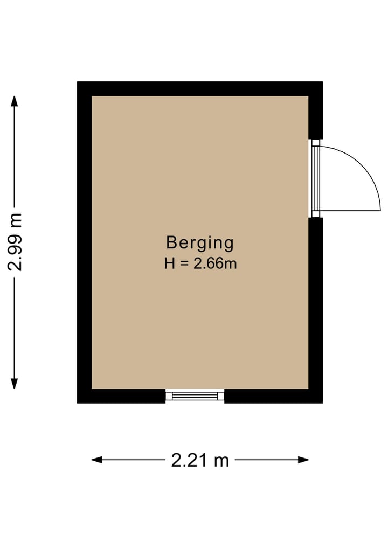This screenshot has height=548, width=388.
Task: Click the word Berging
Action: coord(199,243)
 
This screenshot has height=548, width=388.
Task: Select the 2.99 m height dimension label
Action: coord(16,242)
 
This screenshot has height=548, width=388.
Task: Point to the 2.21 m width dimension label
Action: coord(200,460)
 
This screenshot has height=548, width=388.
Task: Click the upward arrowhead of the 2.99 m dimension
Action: coord(15,101)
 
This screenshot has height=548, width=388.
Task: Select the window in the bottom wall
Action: coord(195,396)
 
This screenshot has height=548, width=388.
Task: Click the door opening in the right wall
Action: coord(315,178)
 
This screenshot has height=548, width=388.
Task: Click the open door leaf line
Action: coord(350,210)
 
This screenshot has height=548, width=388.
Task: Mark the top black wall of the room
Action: coord(199,88)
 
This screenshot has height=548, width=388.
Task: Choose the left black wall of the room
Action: coord(84,242)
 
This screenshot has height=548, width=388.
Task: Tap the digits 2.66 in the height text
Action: coord(211,264)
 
